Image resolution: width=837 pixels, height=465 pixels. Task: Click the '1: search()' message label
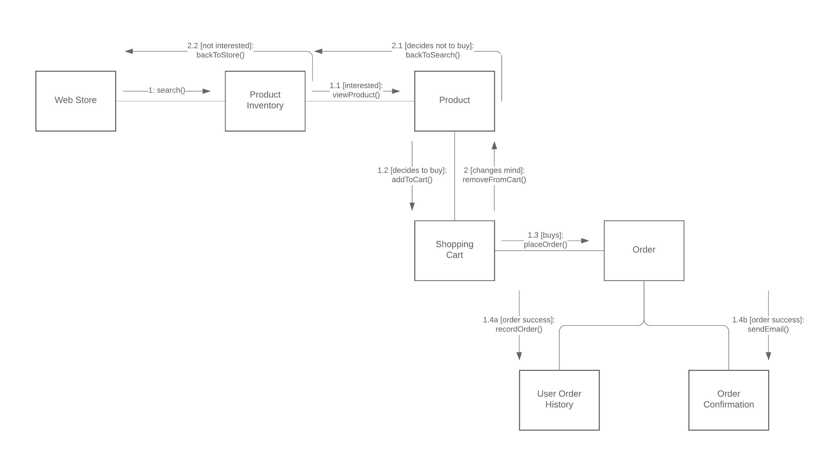pos(167,90)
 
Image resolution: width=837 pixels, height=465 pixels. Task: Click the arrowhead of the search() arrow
pos(207,91)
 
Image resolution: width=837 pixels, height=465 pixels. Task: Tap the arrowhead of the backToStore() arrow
pos(129,51)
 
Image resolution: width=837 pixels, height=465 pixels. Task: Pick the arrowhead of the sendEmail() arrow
pos(768,356)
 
